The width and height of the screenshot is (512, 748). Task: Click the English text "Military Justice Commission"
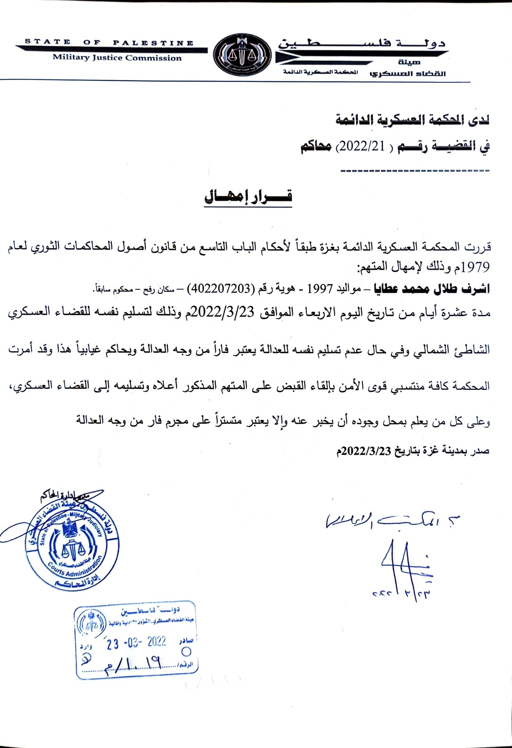point(117,58)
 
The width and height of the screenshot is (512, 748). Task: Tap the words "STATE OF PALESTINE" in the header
point(109,42)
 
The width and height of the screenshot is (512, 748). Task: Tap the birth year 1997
point(320,289)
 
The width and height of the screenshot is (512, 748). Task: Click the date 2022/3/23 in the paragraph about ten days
point(222,313)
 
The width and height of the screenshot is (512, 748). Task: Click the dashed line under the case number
point(414,171)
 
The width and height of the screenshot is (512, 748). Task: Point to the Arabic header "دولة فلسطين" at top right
point(362,43)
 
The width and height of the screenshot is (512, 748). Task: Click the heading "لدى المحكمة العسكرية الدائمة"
point(413,120)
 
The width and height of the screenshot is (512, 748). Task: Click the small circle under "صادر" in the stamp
point(186,652)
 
